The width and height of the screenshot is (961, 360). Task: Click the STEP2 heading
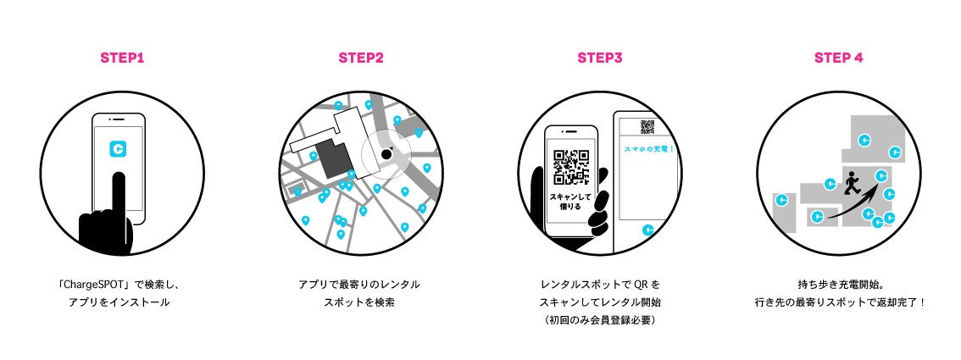[361, 58]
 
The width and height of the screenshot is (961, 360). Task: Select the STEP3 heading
[600, 58]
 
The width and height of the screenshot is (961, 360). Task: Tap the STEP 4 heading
[839, 58]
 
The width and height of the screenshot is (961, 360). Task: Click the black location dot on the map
[386, 154]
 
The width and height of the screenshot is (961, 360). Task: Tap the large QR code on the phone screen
[570, 167]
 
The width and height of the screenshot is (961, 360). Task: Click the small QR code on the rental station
[647, 127]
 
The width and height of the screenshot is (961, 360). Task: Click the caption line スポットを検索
[360, 301]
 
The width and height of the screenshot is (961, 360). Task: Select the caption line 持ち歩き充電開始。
[839, 285]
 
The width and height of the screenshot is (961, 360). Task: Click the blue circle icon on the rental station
[648, 229]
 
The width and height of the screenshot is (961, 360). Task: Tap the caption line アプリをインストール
[119, 301]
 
